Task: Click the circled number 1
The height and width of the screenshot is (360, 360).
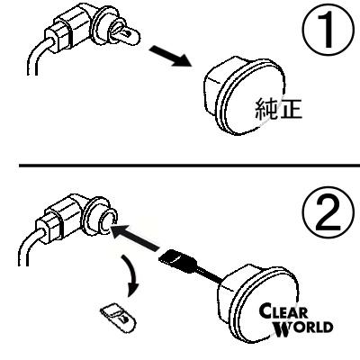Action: pos(328,30)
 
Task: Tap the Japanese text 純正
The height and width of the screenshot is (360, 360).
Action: pos(278,109)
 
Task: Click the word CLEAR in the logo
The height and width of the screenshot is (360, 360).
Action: pos(283,312)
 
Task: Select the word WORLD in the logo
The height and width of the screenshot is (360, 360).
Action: pos(303,328)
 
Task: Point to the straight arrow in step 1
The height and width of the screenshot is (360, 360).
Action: pos(170,56)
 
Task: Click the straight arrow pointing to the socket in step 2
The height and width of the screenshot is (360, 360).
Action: pos(135,238)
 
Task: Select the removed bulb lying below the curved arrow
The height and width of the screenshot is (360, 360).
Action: pos(118,319)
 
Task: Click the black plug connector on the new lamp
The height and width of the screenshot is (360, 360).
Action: pos(177,261)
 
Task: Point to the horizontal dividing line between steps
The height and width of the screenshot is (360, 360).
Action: pos(189,166)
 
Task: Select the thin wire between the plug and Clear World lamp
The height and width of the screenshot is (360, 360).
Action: pos(210,274)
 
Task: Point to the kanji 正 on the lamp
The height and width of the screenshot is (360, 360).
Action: pos(291,109)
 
